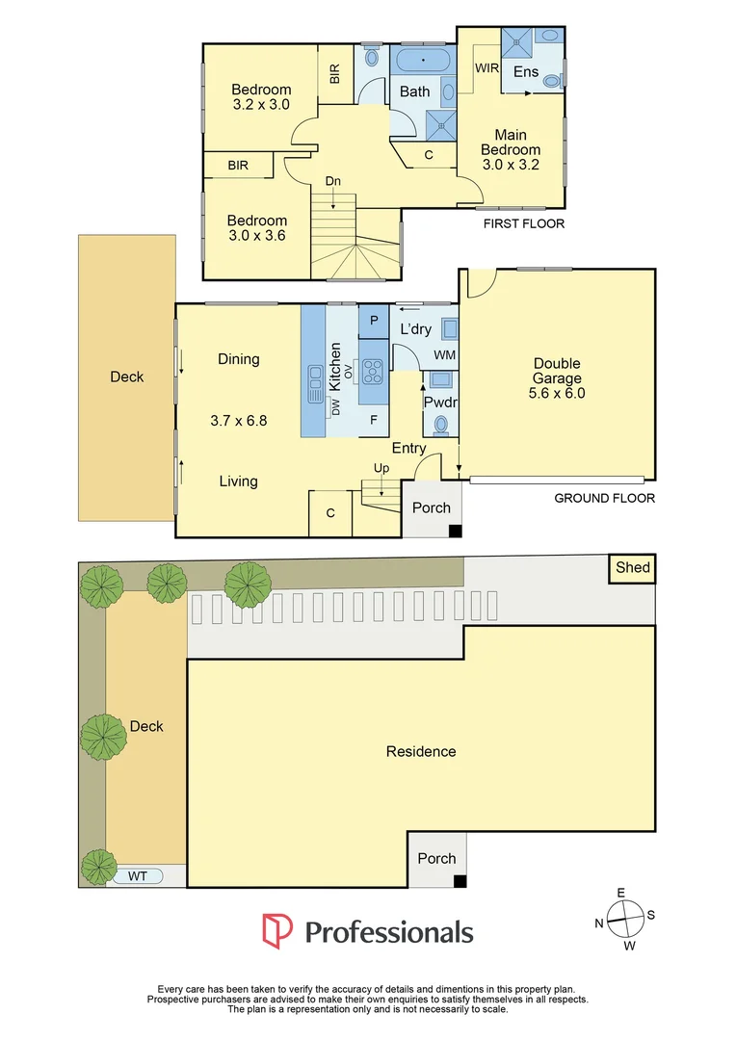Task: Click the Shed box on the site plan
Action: click(x=634, y=568)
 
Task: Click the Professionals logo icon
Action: click(x=277, y=930)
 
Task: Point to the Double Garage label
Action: click(x=557, y=377)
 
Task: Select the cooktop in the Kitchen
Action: click(x=373, y=368)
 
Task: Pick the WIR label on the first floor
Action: click(x=486, y=68)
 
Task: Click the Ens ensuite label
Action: click(x=526, y=72)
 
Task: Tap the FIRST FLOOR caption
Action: click(x=525, y=223)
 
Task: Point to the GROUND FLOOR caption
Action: click(x=604, y=498)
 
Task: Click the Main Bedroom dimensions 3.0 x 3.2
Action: click(x=510, y=165)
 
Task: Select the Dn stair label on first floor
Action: click(x=332, y=181)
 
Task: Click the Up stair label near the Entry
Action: click(x=381, y=468)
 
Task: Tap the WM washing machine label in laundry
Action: click(x=444, y=356)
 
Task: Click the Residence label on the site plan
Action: click(x=421, y=751)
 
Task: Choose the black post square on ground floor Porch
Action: click(x=456, y=530)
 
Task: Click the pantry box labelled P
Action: click(x=373, y=318)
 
